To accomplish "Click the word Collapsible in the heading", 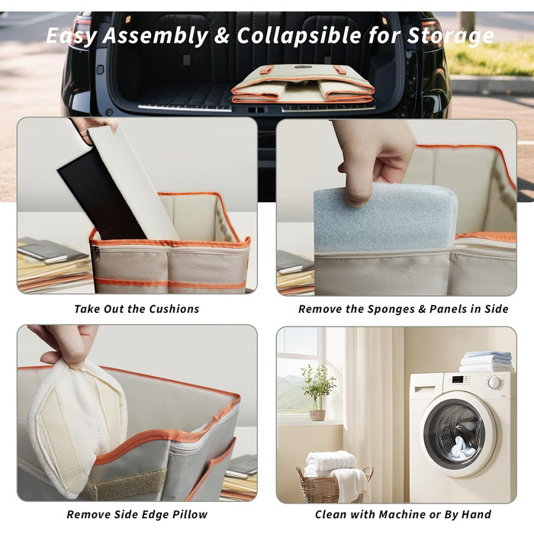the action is (299, 35).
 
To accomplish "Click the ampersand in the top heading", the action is (222, 35).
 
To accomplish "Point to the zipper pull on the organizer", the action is (96, 254).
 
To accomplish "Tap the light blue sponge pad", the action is (385, 218).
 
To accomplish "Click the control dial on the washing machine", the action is (494, 382).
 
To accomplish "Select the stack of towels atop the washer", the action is (487, 362).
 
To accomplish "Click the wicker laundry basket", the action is (334, 485).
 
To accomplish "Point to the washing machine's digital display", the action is (458, 379).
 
